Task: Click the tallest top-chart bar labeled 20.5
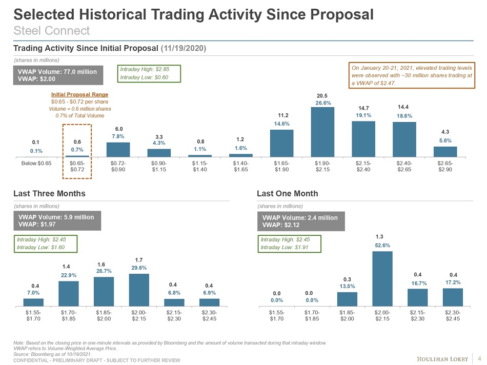322,131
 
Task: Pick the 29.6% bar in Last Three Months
139,289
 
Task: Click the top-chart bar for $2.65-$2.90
445,151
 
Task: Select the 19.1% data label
363,116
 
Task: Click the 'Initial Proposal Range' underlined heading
79,95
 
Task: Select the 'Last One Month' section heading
287,193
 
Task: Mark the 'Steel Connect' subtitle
51,30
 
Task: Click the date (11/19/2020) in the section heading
184,48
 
